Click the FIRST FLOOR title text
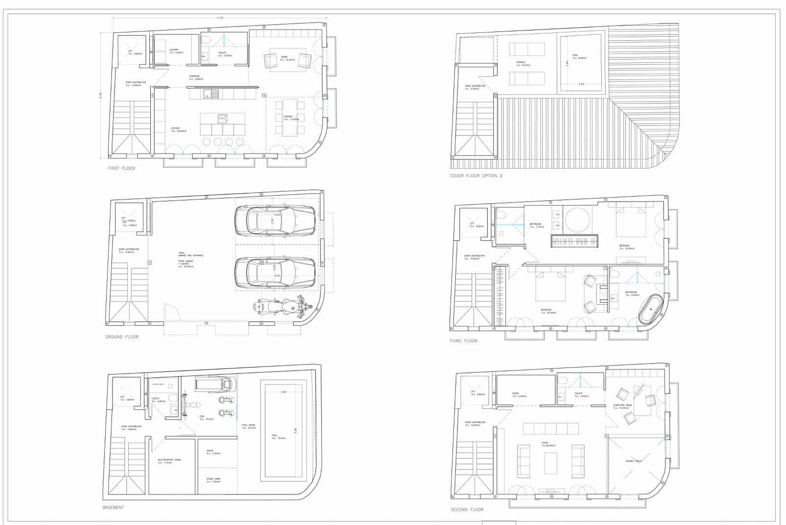(x=121, y=168)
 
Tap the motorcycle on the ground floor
(x=282, y=307)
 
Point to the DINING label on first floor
(x=288, y=117)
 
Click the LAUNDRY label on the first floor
(x=173, y=50)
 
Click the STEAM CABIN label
(x=213, y=479)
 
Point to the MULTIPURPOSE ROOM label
(x=169, y=460)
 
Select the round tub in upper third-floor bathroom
(x=577, y=219)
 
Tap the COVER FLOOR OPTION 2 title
(x=476, y=176)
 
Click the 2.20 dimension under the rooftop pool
(x=581, y=84)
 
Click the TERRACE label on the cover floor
(x=521, y=62)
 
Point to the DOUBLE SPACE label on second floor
(x=634, y=461)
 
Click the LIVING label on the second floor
(x=545, y=443)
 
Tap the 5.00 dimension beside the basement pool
(x=296, y=430)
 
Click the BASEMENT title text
(x=113, y=507)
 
